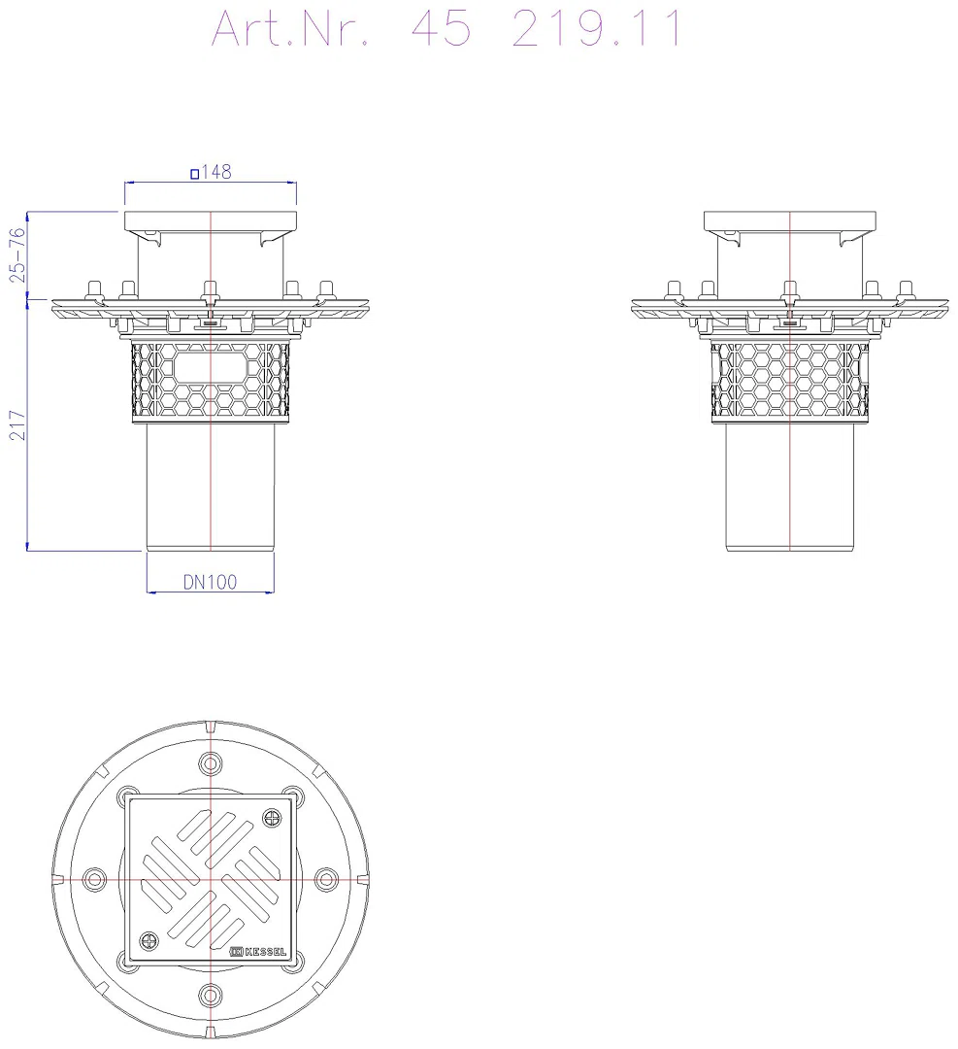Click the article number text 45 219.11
click(547, 28)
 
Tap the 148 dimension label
click(215, 172)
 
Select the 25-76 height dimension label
click(17, 254)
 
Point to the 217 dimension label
click(17, 425)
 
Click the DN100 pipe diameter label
click(210, 582)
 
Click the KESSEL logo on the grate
click(258, 951)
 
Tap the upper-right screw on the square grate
click(272, 818)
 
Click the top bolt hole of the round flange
click(211, 763)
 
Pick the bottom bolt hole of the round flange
click(211, 995)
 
